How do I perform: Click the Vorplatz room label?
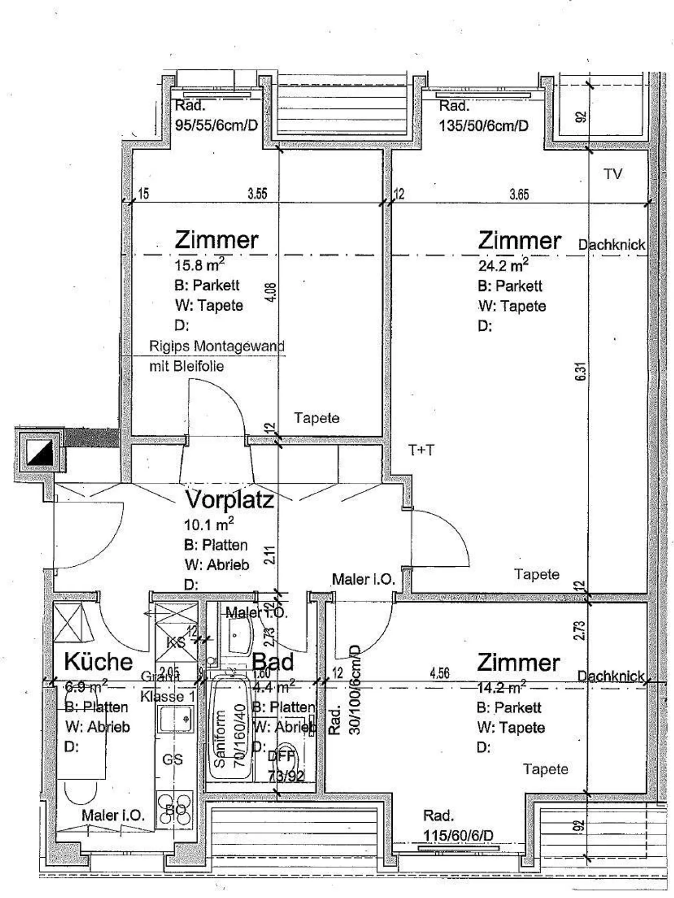230,500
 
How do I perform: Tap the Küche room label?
98,662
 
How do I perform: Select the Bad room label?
273,662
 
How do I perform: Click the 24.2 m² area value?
503,265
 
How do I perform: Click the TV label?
613,174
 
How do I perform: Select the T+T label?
421,450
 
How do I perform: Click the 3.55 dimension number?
257,194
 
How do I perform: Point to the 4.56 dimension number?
440,673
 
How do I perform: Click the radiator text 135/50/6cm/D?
484,125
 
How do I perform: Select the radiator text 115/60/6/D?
458,835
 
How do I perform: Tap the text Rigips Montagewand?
216,346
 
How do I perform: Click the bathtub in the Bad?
230,728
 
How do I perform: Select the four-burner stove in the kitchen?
175,810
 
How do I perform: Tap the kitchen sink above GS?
175,719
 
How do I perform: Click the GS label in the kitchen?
172,759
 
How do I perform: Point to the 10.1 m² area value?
209,524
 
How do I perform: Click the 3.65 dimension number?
519,194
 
